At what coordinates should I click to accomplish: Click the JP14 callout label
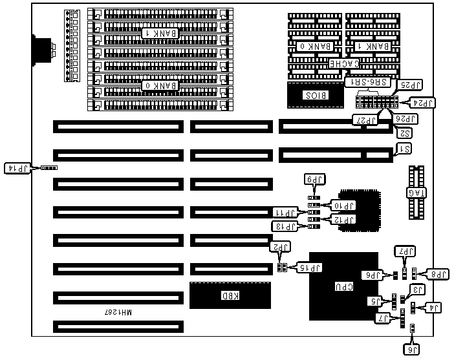(x=17, y=168)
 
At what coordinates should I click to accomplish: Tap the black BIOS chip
(x=316, y=95)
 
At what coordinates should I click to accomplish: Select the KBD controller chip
(x=230, y=296)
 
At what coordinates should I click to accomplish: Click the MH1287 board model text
(x=118, y=312)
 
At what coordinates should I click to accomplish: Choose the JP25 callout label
(x=409, y=84)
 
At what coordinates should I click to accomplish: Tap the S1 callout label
(x=403, y=149)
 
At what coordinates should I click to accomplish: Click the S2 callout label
(x=404, y=133)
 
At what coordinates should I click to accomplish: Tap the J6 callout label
(x=411, y=350)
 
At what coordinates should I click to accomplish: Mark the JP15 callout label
(x=310, y=267)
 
